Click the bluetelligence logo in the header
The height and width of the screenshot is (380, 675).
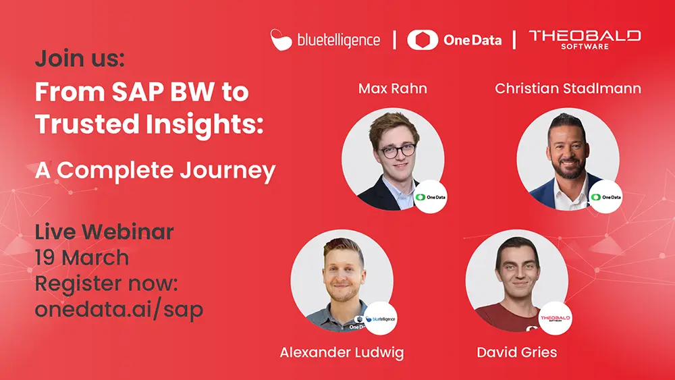(x=325, y=39)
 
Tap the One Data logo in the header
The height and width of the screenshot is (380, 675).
(x=454, y=40)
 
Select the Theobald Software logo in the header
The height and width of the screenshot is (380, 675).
(x=585, y=39)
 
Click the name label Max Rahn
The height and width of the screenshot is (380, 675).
(x=392, y=89)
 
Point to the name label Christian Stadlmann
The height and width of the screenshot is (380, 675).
(x=568, y=89)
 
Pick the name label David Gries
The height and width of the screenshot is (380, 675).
(x=516, y=352)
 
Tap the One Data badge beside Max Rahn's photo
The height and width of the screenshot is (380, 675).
(x=431, y=197)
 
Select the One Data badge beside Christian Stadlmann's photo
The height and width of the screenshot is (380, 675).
(x=605, y=197)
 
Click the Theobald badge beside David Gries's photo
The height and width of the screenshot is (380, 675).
(x=555, y=318)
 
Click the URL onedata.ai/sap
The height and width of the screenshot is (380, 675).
(x=119, y=310)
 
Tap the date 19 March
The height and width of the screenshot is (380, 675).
(x=82, y=258)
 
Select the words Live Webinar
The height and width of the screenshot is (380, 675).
(x=104, y=232)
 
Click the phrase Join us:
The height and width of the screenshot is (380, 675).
(x=80, y=59)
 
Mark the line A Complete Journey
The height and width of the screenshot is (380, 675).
(x=155, y=170)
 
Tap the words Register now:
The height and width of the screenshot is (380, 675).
(x=106, y=284)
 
